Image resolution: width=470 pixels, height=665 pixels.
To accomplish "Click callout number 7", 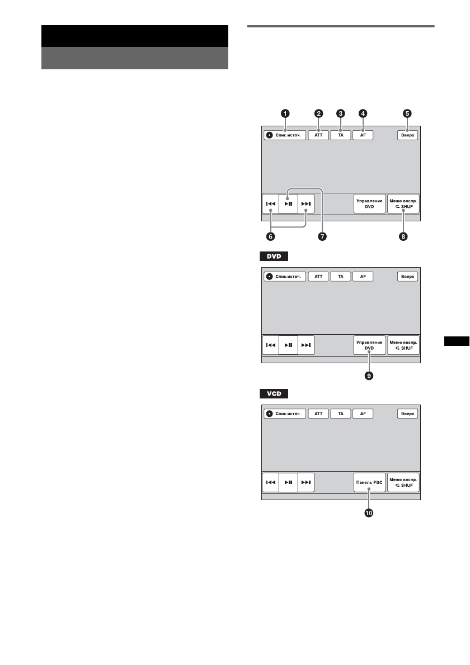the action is pyautogui.click(x=322, y=236).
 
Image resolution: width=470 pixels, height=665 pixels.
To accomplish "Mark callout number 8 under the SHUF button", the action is pyautogui.click(x=403, y=236).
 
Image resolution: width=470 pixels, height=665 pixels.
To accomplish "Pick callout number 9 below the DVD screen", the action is pyautogui.click(x=369, y=376).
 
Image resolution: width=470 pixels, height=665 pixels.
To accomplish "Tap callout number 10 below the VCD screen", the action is pyautogui.click(x=369, y=512).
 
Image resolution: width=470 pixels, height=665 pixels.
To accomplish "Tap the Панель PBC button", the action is pyautogui.click(x=370, y=482).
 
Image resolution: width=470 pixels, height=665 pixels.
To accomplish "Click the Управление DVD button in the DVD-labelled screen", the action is pyautogui.click(x=370, y=345).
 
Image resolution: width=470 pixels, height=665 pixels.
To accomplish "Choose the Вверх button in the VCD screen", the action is pyautogui.click(x=408, y=414).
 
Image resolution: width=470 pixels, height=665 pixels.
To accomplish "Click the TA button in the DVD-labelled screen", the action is pyautogui.click(x=340, y=277).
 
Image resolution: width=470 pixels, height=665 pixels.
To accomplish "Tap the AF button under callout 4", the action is pyautogui.click(x=363, y=135).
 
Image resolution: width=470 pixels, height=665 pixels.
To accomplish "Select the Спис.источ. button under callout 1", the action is pyautogui.click(x=285, y=135).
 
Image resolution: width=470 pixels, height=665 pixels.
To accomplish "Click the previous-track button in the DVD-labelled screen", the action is pyautogui.click(x=271, y=345).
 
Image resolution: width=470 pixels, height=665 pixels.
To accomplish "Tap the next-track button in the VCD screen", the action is pyautogui.click(x=305, y=482).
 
